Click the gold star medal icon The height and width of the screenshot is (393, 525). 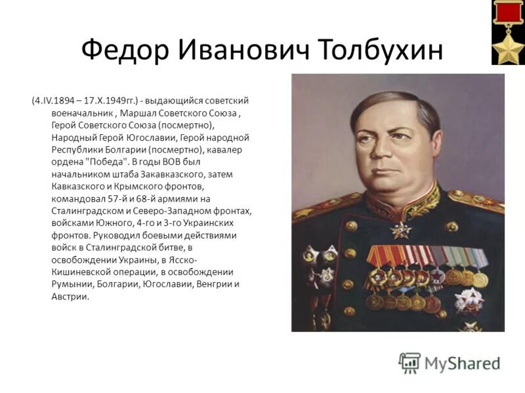509,47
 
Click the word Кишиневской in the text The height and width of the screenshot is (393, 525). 82,272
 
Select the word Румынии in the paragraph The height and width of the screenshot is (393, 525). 70,284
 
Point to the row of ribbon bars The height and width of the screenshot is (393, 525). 427,256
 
